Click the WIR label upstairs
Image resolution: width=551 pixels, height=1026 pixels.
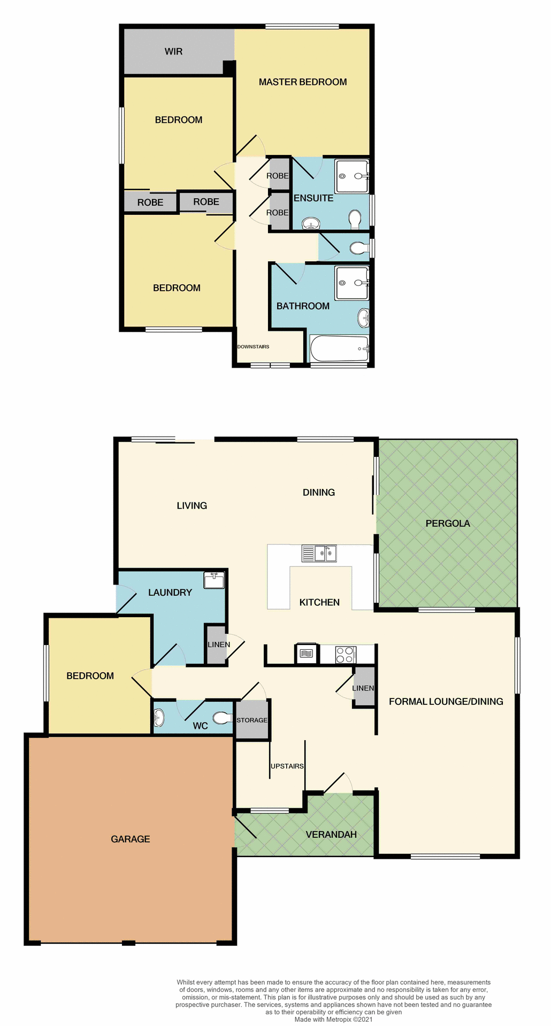(173, 52)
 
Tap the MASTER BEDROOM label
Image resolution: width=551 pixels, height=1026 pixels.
(303, 82)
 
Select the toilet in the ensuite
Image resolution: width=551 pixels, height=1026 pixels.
(354, 219)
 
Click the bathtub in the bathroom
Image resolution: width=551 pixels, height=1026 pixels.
(339, 349)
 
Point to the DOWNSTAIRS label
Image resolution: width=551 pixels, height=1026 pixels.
(253, 347)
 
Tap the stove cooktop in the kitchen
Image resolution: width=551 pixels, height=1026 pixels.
(346, 655)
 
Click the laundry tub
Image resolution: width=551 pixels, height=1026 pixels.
(214, 580)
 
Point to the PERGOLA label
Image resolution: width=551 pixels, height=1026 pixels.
(448, 524)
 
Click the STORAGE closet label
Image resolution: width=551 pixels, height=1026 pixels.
(252, 720)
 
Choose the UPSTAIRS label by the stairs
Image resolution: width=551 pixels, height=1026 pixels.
(287, 766)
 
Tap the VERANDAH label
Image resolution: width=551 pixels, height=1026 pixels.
(331, 835)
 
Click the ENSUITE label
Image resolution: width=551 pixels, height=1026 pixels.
(313, 198)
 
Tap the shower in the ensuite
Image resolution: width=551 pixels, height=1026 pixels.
(352, 176)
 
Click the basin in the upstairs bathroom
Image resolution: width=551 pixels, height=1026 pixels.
(364, 318)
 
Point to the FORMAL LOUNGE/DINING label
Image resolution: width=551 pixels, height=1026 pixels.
(446, 702)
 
